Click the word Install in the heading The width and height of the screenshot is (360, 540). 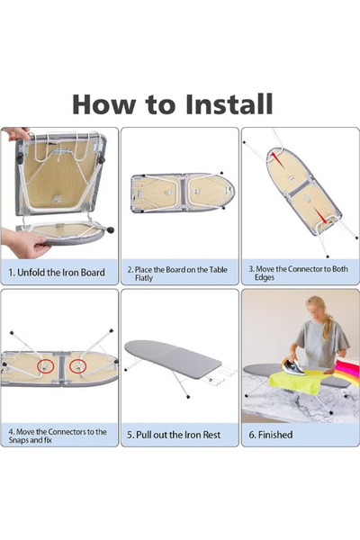pyautogui.click(x=229, y=103)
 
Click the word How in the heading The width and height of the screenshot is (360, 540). pyautogui.click(x=103, y=103)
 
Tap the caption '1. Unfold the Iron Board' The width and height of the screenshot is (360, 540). pyautogui.click(x=57, y=273)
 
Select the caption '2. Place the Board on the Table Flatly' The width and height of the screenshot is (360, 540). pyautogui.click(x=177, y=274)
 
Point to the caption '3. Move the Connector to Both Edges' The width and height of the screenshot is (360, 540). pyautogui.click(x=298, y=273)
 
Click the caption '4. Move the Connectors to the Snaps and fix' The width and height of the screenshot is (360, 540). pyautogui.click(x=58, y=436)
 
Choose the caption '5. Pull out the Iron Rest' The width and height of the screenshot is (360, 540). pyautogui.click(x=174, y=435)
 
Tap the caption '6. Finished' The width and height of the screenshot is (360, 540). pyautogui.click(x=271, y=435)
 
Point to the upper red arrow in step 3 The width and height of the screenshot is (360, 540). pyautogui.click(x=278, y=159)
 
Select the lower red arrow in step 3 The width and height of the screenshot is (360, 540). pyautogui.click(x=320, y=216)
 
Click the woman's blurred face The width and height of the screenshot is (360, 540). pyautogui.click(x=314, y=310)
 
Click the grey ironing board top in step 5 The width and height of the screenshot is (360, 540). pyautogui.click(x=173, y=359)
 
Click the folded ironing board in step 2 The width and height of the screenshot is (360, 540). pyautogui.click(x=183, y=192)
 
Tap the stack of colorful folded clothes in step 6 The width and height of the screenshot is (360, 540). pyautogui.click(x=347, y=371)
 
